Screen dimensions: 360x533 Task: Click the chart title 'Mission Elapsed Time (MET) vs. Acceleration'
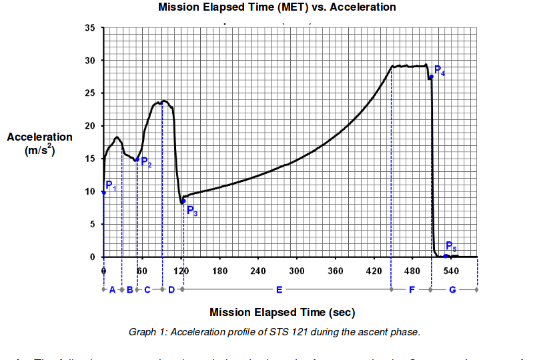pyautogui.click(x=277, y=7)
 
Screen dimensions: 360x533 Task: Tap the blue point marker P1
pyautogui.click(x=103, y=193)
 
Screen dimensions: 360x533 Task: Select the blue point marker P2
pyautogui.click(x=137, y=160)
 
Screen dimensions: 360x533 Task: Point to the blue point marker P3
pyautogui.click(x=183, y=201)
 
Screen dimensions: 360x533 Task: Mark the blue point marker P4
pyautogui.click(x=431, y=77)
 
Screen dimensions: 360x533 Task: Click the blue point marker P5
pyautogui.click(x=446, y=256)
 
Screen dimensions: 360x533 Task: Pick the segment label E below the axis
pyautogui.click(x=279, y=290)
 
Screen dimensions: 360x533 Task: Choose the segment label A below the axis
pyautogui.click(x=112, y=290)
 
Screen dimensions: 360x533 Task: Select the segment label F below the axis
pyautogui.click(x=412, y=290)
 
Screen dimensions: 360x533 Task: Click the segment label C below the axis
pyautogui.click(x=147, y=290)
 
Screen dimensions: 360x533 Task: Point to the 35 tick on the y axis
pyautogui.click(x=89, y=28)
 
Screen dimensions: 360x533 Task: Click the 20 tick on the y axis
pyautogui.click(x=89, y=126)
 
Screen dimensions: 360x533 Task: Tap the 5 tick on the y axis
pyautogui.click(x=92, y=224)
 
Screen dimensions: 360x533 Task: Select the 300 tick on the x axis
pyautogui.click(x=297, y=271)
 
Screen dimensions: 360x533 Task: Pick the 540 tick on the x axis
pyautogui.click(x=452, y=271)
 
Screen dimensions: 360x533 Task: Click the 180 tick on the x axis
pyautogui.click(x=219, y=271)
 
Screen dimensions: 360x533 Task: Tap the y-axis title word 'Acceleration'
pyautogui.click(x=39, y=137)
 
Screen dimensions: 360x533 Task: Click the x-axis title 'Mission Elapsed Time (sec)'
pyautogui.click(x=282, y=312)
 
